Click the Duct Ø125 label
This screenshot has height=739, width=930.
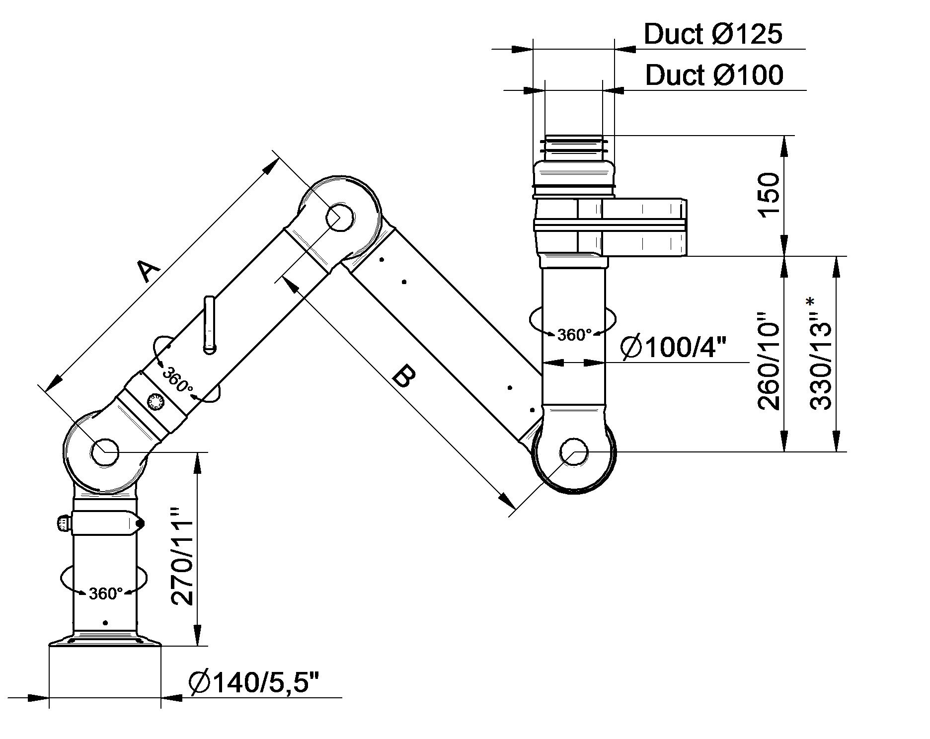(713, 34)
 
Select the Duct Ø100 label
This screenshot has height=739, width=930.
(714, 75)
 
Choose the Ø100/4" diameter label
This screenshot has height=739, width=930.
(674, 347)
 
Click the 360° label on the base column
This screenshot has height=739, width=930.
(105, 593)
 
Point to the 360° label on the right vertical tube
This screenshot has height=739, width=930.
(574, 335)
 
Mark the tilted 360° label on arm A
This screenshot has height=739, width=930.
(177, 379)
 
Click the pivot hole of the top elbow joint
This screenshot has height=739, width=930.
(340, 217)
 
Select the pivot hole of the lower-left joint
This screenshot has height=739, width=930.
(105, 452)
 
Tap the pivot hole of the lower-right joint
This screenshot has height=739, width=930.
(574, 452)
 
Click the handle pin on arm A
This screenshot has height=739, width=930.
(210, 325)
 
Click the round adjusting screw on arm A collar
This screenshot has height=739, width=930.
(156, 401)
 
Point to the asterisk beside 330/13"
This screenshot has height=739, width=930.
(811, 301)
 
